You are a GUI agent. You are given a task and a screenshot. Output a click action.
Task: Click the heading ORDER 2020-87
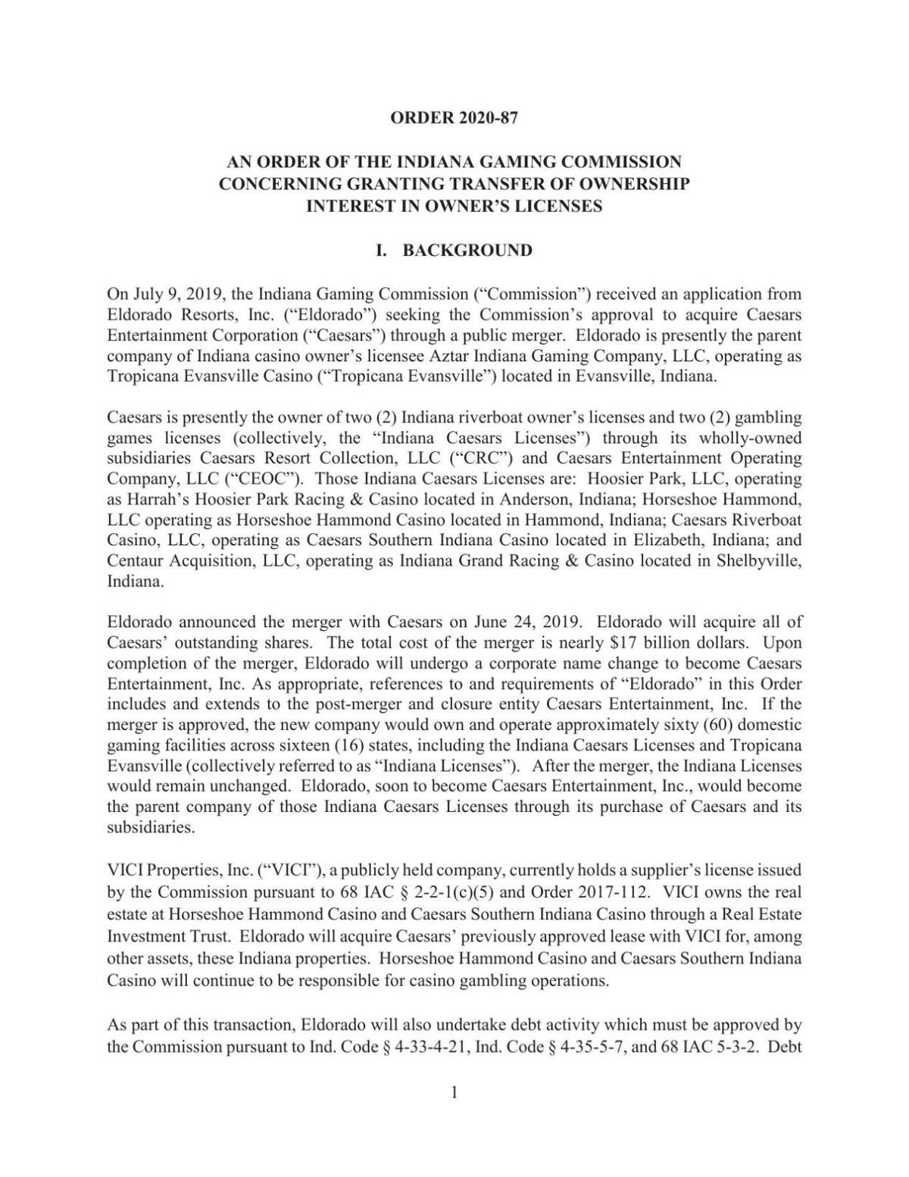pyautogui.click(x=454, y=117)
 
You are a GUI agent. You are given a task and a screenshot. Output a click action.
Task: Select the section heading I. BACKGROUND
pyautogui.click(x=454, y=250)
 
